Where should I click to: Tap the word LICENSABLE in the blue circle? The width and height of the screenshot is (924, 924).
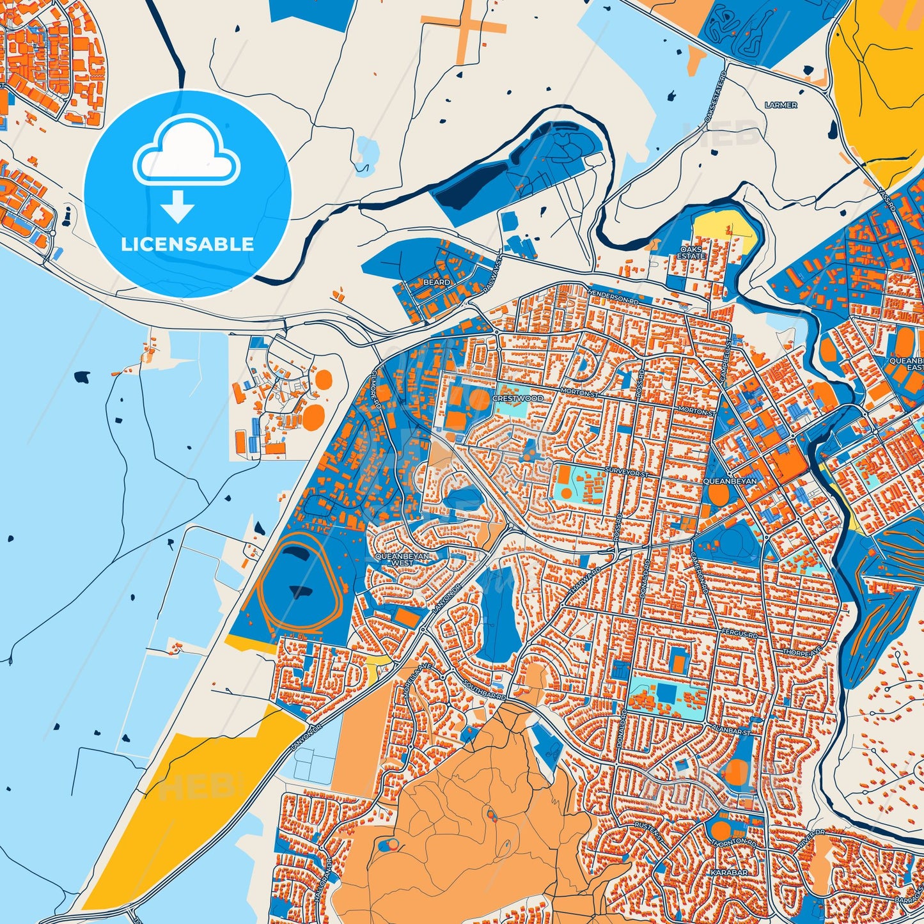(187, 244)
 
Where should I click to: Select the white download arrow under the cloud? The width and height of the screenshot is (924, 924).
(177, 205)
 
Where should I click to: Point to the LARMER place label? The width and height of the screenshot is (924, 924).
(781, 105)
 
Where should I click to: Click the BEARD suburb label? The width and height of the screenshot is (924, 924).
(437, 282)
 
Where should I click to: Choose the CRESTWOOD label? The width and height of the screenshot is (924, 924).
(517, 398)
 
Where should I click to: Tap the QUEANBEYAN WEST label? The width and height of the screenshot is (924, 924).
(403, 560)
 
